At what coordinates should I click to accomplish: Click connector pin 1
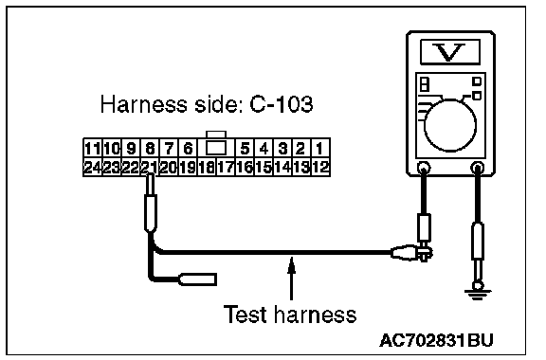click(x=320, y=149)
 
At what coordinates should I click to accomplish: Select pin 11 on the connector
click(x=93, y=149)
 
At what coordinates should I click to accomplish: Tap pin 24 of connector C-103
click(x=93, y=168)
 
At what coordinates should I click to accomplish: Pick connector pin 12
click(x=320, y=168)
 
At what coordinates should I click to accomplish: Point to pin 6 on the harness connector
click(x=188, y=149)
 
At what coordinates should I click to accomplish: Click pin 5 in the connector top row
click(x=245, y=149)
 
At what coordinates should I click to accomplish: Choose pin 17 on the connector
click(x=226, y=168)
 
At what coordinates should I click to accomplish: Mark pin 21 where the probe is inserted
click(x=150, y=168)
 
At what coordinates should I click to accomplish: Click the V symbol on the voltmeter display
click(x=450, y=52)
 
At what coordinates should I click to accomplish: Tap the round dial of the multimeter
click(x=450, y=125)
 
